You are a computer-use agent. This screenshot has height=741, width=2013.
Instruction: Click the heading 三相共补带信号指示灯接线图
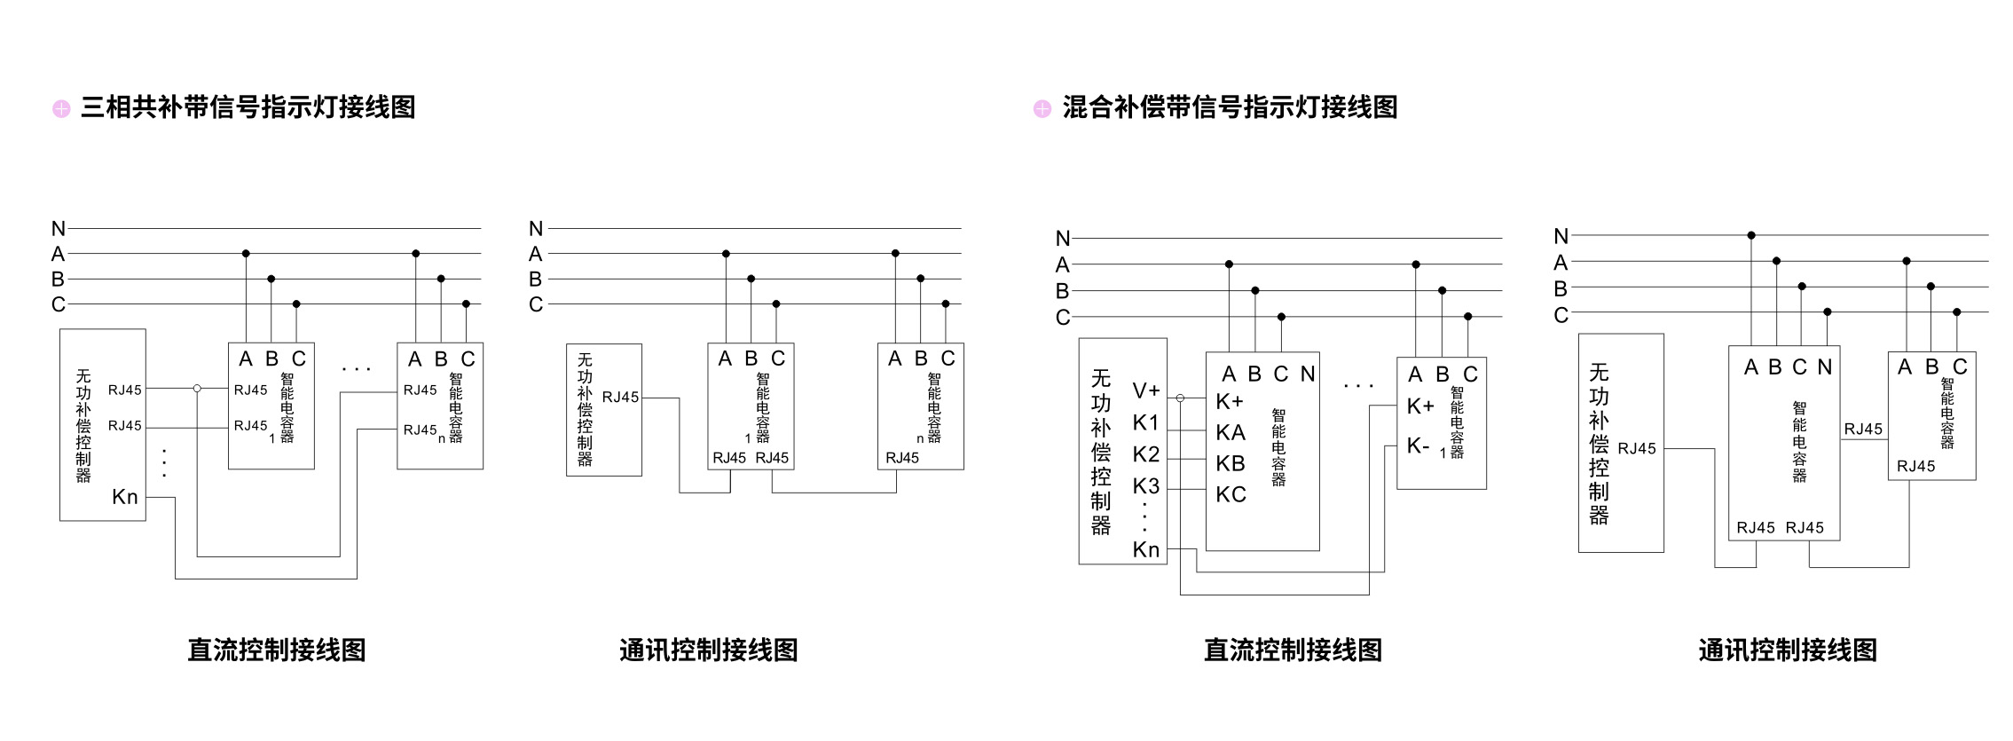(248, 107)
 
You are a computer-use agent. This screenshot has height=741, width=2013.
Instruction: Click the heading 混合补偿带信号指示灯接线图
(1229, 107)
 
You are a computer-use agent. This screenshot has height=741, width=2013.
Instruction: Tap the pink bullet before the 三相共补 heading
(61, 108)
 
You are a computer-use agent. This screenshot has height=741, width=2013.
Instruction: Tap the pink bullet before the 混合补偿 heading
(1042, 108)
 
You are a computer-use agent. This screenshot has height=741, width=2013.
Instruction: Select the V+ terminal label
(1145, 390)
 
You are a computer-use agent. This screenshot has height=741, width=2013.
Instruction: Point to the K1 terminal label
(1145, 422)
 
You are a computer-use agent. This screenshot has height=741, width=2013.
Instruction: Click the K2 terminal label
(1145, 454)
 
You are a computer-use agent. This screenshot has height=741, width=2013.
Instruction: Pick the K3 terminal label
(1145, 486)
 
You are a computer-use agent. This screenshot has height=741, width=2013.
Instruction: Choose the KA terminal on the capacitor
(1231, 432)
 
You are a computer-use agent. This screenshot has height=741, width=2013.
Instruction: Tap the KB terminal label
(1231, 463)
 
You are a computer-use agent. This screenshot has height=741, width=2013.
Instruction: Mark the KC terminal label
(1231, 494)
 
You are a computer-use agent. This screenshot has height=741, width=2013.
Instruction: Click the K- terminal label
(1418, 445)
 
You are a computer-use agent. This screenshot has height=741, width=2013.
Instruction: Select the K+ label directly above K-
(1420, 406)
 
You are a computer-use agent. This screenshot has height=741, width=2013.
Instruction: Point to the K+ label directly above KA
(1230, 402)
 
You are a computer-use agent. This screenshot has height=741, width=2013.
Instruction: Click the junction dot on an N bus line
(1751, 235)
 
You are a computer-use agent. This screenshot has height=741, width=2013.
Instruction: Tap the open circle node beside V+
(1180, 398)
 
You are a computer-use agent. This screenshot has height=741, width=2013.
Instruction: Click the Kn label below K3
(1145, 549)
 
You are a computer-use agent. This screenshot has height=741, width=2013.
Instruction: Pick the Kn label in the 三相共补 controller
(125, 497)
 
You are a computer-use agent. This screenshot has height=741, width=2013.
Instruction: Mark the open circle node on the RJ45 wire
(197, 389)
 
